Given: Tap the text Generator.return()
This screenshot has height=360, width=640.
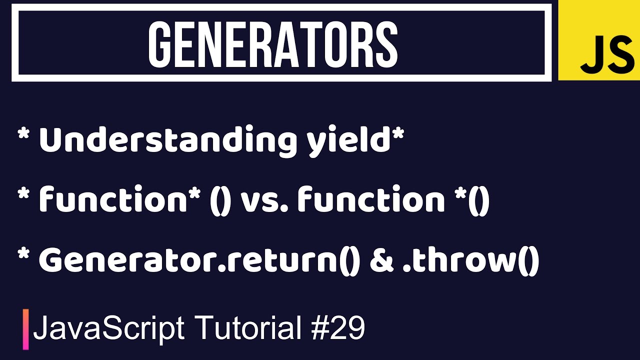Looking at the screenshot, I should (199, 261).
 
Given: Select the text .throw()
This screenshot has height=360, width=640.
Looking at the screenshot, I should (470, 261).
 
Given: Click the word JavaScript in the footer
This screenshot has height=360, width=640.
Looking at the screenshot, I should (108, 328).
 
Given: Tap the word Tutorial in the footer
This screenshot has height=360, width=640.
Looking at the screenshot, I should (248, 328).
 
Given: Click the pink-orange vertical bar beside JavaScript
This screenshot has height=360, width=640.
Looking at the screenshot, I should (25, 329).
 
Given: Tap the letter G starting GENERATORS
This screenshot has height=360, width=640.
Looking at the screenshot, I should (160, 44).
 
